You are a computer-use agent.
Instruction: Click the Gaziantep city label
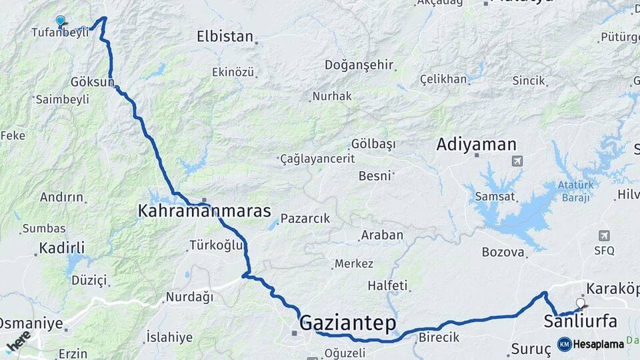(x=347, y=324)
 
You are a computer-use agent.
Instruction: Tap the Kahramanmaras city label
(x=204, y=211)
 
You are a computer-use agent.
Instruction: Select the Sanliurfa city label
(x=580, y=321)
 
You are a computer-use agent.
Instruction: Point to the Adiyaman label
(x=476, y=144)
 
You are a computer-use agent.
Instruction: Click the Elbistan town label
(x=225, y=37)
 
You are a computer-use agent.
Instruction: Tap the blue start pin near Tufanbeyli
(x=61, y=21)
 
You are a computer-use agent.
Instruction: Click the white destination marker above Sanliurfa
(x=580, y=303)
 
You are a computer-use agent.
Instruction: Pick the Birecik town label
(x=439, y=337)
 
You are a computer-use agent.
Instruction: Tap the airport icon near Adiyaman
(x=517, y=161)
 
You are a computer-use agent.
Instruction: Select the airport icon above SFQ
(x=604, y=235)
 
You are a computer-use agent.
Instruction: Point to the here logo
(x=19, y=341)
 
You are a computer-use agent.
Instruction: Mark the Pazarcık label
(x=305, y=218)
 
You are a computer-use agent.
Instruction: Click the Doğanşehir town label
(x=359, y=65)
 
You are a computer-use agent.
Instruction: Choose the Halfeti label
(x=387, y=285)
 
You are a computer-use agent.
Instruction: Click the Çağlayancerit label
(x=317, y=159)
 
